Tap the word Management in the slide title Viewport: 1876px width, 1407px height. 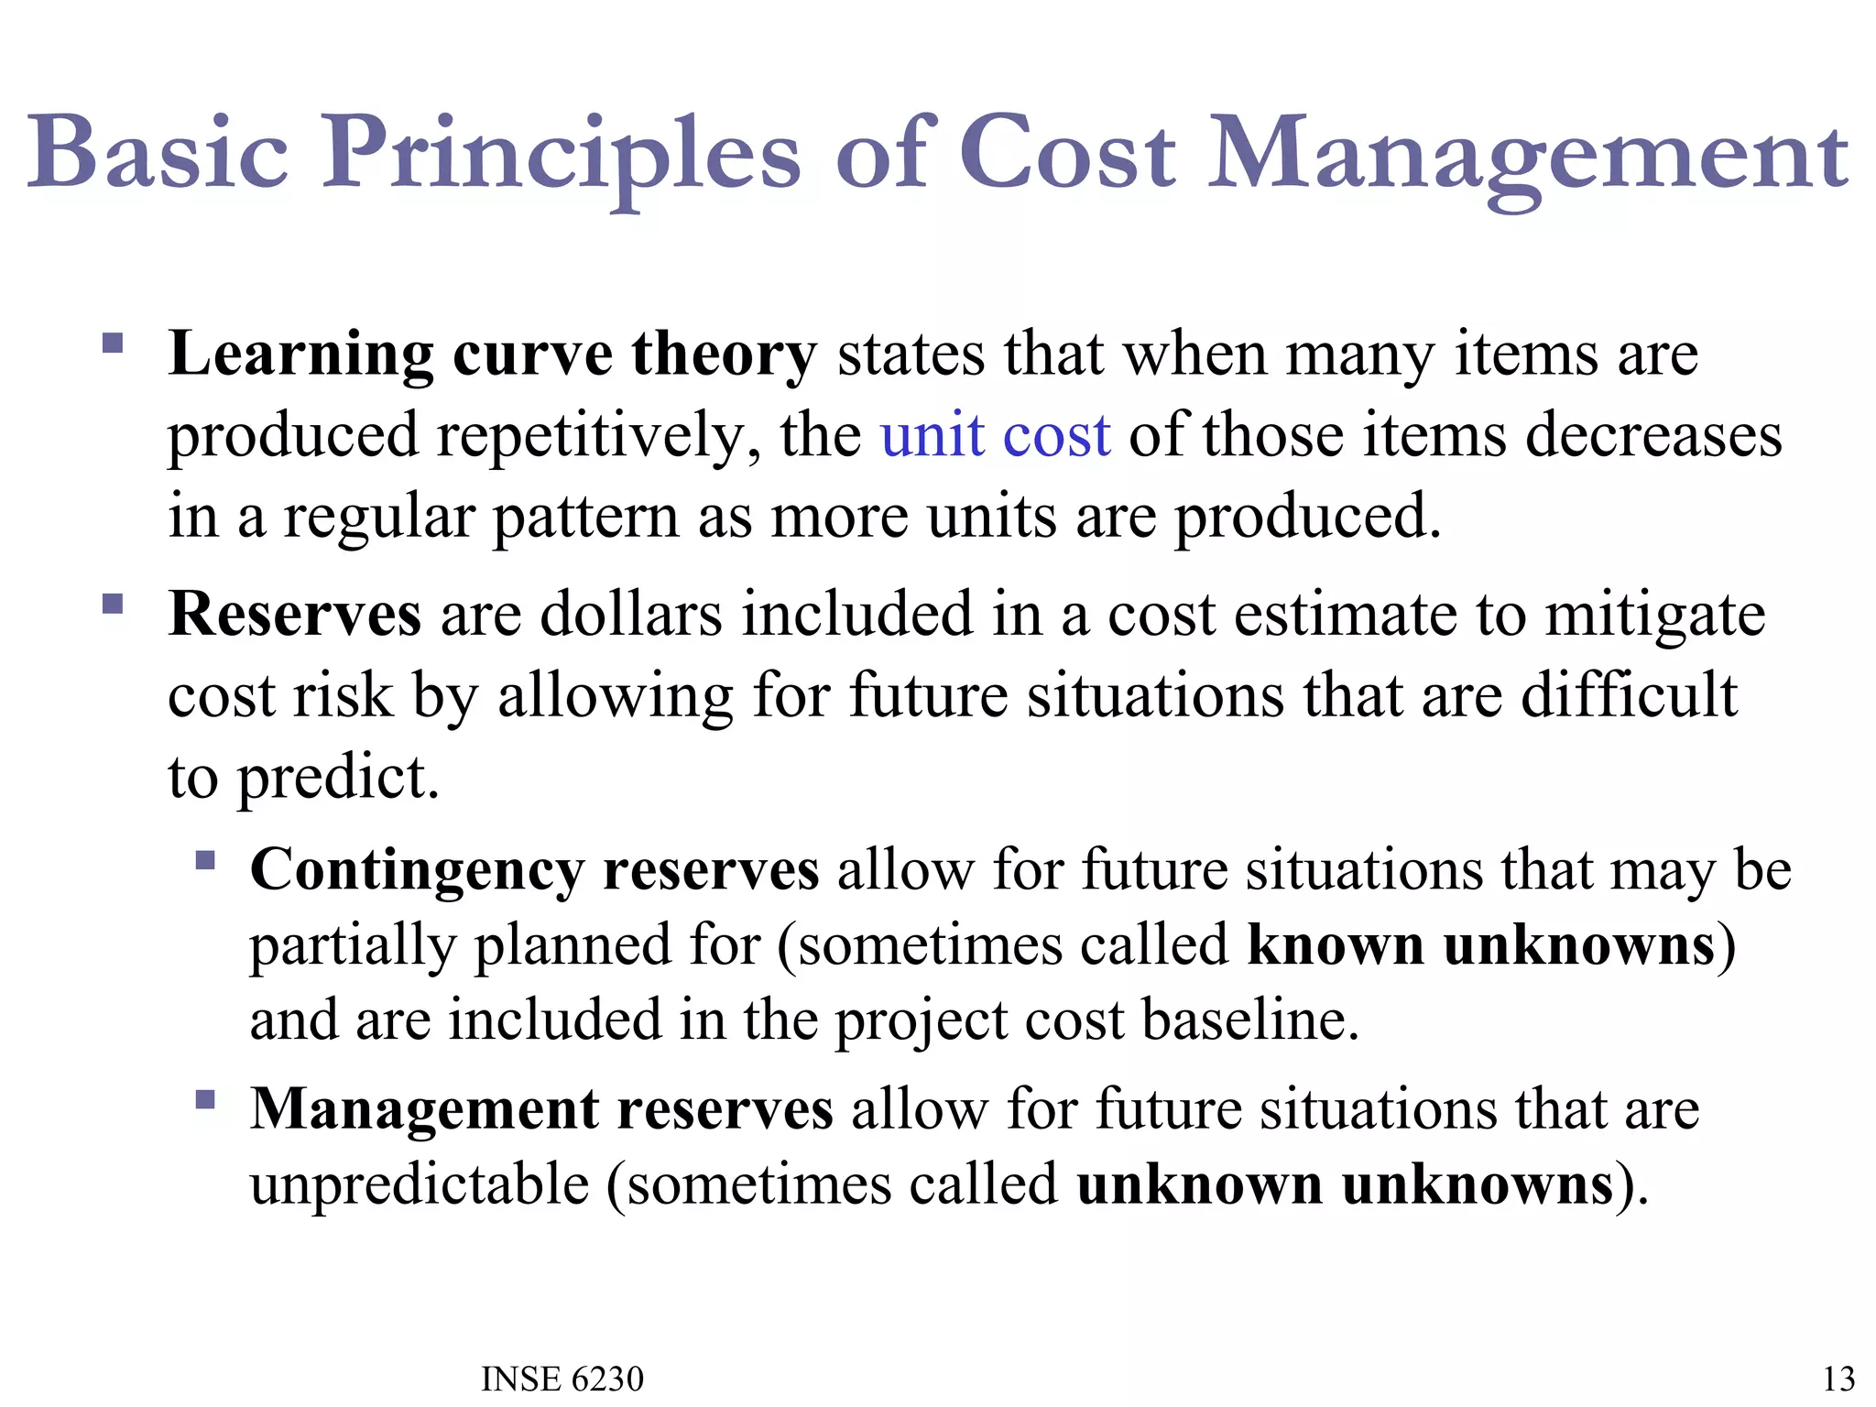coord(1528,156)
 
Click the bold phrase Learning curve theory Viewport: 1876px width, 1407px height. coord(492,354)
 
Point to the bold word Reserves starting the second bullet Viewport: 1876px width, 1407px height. coord(294,614)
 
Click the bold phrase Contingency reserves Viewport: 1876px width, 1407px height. coord(534,869)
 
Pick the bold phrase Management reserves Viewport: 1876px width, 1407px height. coord(541,1108)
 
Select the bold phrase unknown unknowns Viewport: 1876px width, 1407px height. coord(1345,1184)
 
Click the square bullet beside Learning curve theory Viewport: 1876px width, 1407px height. coord(113,344)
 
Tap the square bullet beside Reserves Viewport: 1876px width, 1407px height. coord(113,605)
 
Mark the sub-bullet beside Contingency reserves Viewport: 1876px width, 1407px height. coord(205,860)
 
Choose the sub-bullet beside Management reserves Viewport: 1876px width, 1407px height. coord(205,1099)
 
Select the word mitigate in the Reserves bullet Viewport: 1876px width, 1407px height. coord(1655,616)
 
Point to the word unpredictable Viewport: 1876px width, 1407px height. coord(420,1184)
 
